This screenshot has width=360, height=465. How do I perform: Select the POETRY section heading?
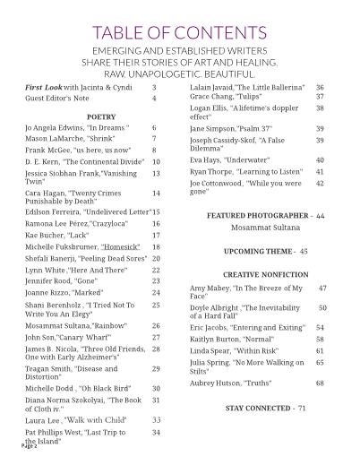[x=100, y=116]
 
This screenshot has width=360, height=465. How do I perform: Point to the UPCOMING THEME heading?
[x=260, y=252]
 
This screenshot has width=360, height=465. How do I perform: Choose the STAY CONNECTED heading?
[x=260, y=408]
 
